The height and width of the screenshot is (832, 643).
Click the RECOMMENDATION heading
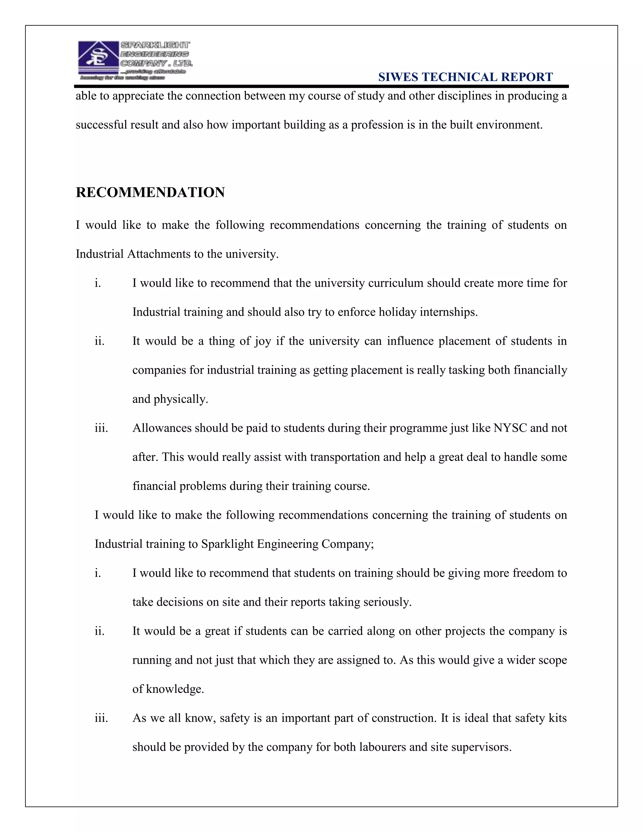[x=150, y=192]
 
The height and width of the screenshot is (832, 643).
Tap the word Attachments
[x=159, y=254]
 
